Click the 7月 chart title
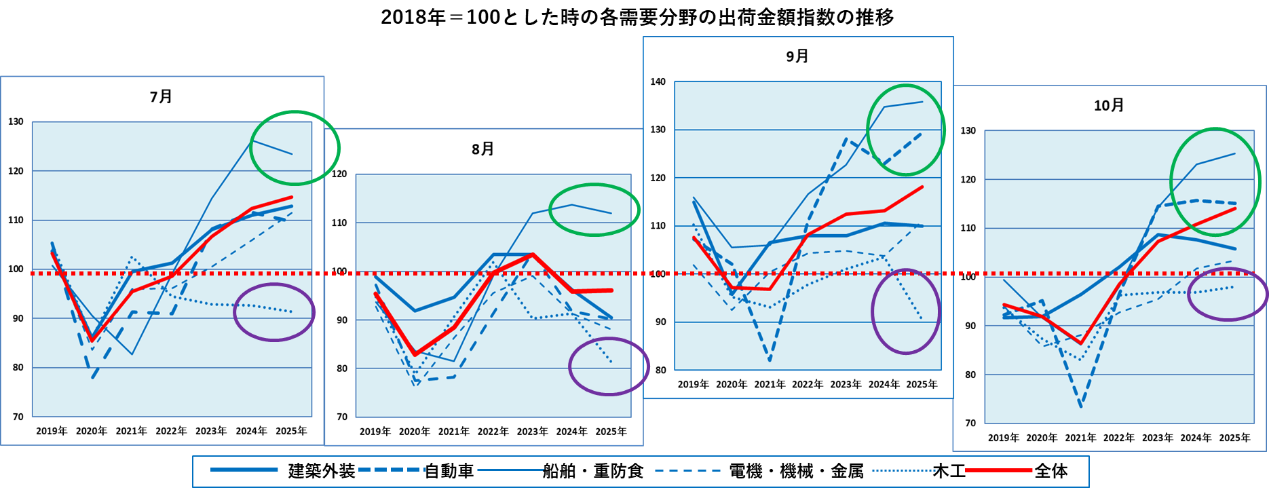coord(161,97)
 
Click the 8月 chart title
coord(482,149)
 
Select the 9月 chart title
coord(797,56)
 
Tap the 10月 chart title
coord(1109,106)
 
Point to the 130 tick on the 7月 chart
coord(16,122)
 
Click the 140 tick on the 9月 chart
coord(658,82)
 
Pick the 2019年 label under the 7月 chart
coord(52,431)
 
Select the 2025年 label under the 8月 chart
coord(611,432)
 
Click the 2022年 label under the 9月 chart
coord(807,384)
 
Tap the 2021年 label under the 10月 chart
coord(1080,438)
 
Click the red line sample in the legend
coord(998,470)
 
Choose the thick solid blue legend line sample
coord(244,470)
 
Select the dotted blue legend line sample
coord(905,470)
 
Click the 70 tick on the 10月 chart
coord(970,423)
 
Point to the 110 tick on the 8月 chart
coord(339,223)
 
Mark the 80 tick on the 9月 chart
coord(660,371)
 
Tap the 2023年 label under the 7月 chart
coord(211,431)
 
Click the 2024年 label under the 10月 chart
coord(1196,438)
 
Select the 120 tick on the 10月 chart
coord(968,180)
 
